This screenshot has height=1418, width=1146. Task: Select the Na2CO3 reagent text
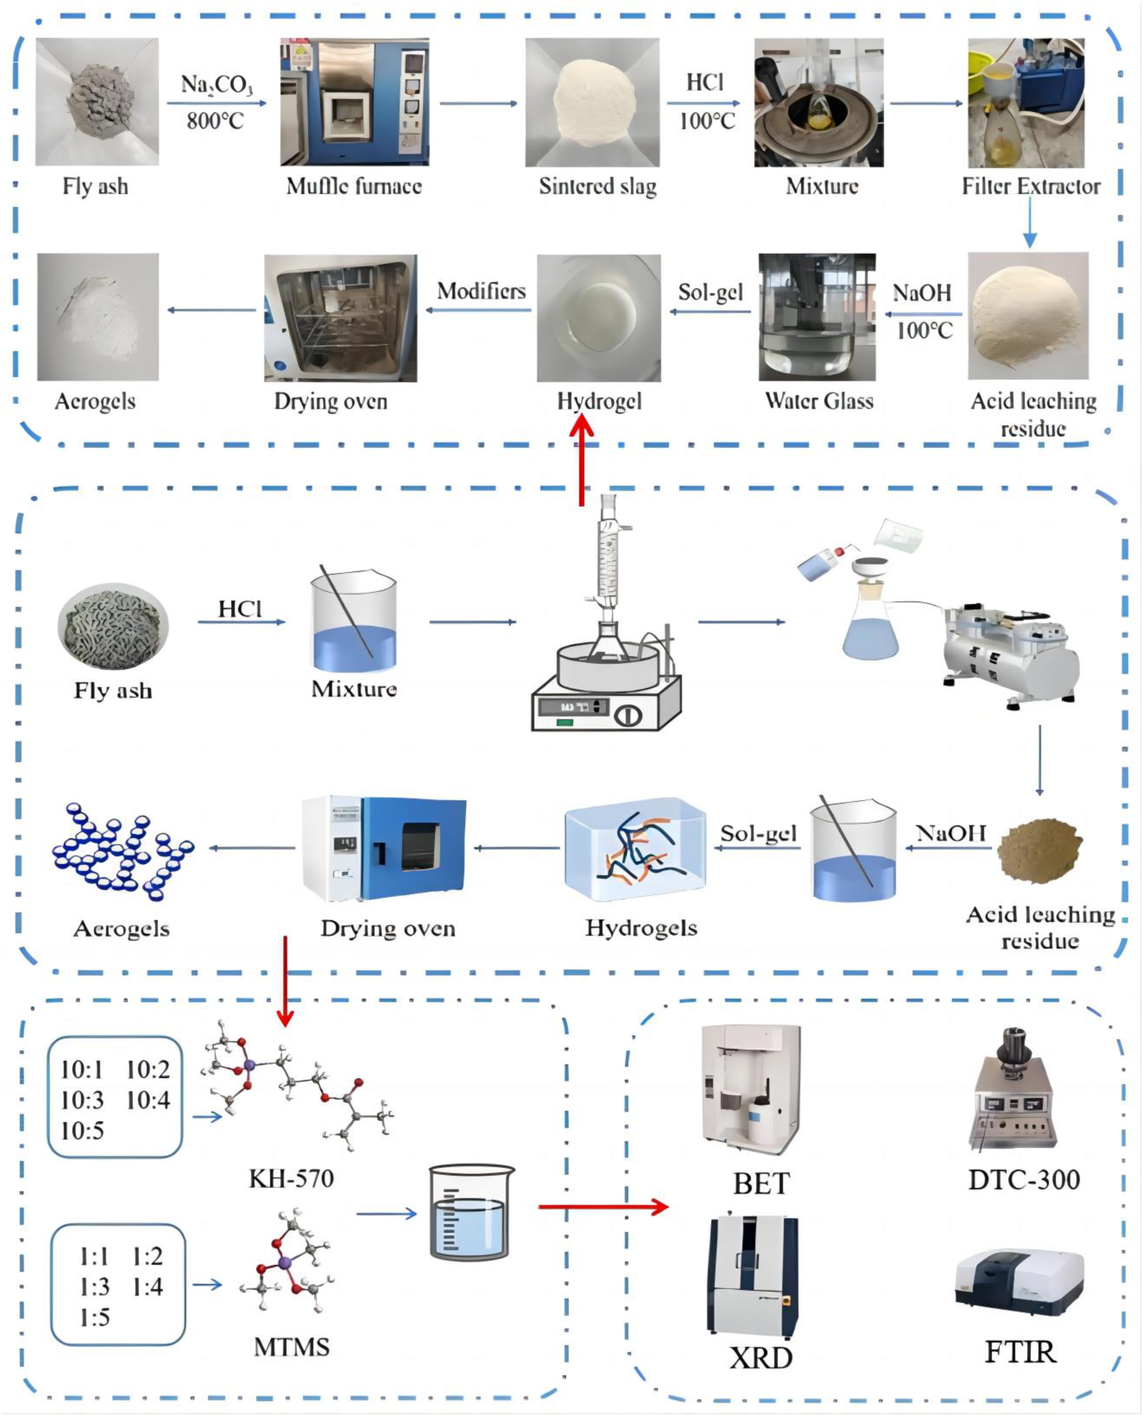pyautogui.click(x=217, y=84)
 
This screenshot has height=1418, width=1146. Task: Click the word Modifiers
pyautogui.click(x=481, y=291)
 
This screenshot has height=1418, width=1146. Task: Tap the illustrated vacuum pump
pyautogui.click(x=1010, y=653)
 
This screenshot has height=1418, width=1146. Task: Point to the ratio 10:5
pyautogui.click(x=82, y=1131)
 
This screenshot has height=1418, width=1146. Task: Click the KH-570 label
pyautogui.click(x=291, y=1178)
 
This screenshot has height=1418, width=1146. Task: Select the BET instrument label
pyautogui.click(x=761, y=1184)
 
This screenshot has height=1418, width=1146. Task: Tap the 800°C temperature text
pyautogui.click(x=215, y=121)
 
